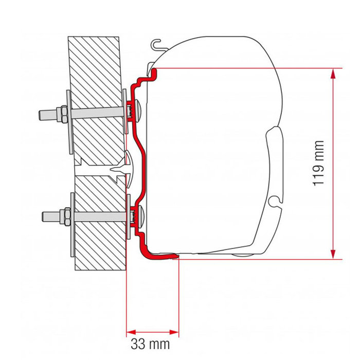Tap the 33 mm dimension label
[152, 343]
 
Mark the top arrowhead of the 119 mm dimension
[334, 73]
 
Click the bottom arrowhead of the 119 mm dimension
[334, 254]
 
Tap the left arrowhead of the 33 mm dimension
[130, 330]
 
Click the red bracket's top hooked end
[150, 72]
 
